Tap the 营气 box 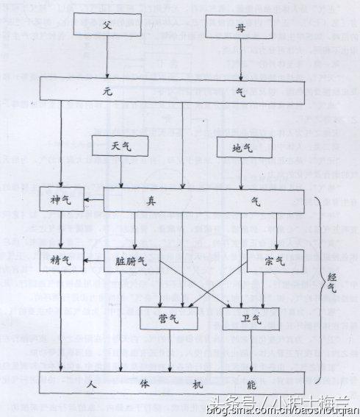click(x=169, y=318)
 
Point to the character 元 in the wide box click(x=108, y=89)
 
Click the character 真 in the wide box click(x=175, y=199)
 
